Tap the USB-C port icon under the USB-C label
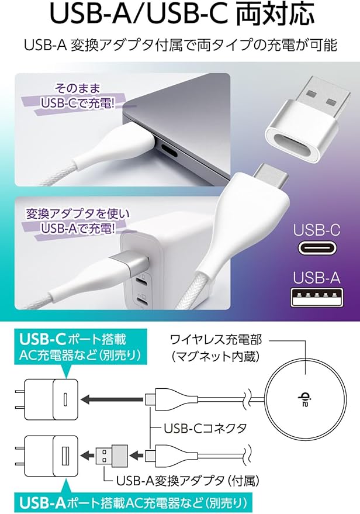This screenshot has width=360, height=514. tap(316, 248)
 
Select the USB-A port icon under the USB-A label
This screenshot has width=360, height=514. tap(317, 296)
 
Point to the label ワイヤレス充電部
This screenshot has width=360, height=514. tap(216, 340)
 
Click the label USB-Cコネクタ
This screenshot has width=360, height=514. tap(205, 428)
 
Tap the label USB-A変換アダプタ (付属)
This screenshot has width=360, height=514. tap(188, 481)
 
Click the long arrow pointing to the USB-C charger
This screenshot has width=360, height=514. tap(112, 399)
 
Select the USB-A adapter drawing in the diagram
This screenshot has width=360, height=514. tap(112, 455)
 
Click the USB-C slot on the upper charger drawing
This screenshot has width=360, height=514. tap(65, 399)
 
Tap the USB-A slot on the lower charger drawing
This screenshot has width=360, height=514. tap(65, 456)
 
